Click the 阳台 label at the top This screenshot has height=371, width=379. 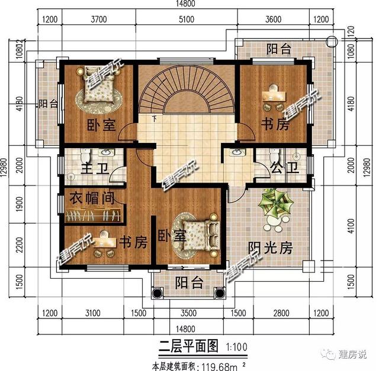coord(278,48)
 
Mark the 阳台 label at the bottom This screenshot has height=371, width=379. coord(189,283)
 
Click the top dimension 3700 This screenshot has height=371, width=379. coord(98,18)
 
